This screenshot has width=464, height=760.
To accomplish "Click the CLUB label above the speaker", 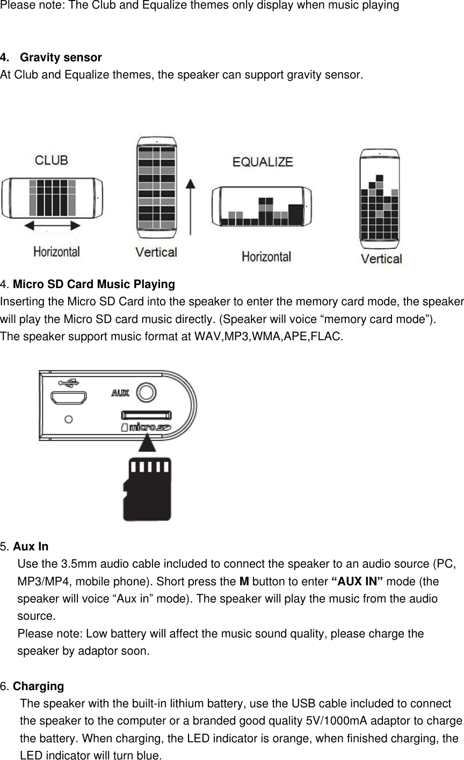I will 52,160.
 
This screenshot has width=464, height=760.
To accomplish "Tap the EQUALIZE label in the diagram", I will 263,162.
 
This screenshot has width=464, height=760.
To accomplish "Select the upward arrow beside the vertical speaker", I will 190,207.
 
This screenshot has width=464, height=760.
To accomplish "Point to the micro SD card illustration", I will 147,489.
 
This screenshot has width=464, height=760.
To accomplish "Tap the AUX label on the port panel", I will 120,393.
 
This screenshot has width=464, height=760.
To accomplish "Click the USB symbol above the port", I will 69,383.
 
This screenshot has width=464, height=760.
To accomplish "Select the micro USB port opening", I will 68,398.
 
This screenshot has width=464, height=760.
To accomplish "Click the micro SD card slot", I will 147,414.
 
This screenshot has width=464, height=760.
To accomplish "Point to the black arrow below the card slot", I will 147,443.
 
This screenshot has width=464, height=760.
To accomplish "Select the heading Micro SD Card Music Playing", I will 93,284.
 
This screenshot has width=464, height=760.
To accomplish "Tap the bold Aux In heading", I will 31,547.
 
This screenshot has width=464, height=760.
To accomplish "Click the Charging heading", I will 38,686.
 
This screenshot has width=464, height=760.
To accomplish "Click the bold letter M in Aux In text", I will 243,582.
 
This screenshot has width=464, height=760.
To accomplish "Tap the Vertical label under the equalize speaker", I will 381,259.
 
